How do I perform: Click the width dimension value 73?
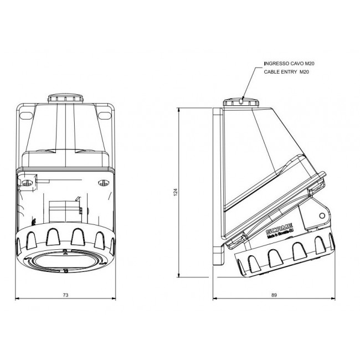65,295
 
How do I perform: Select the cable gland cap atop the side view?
242,103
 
